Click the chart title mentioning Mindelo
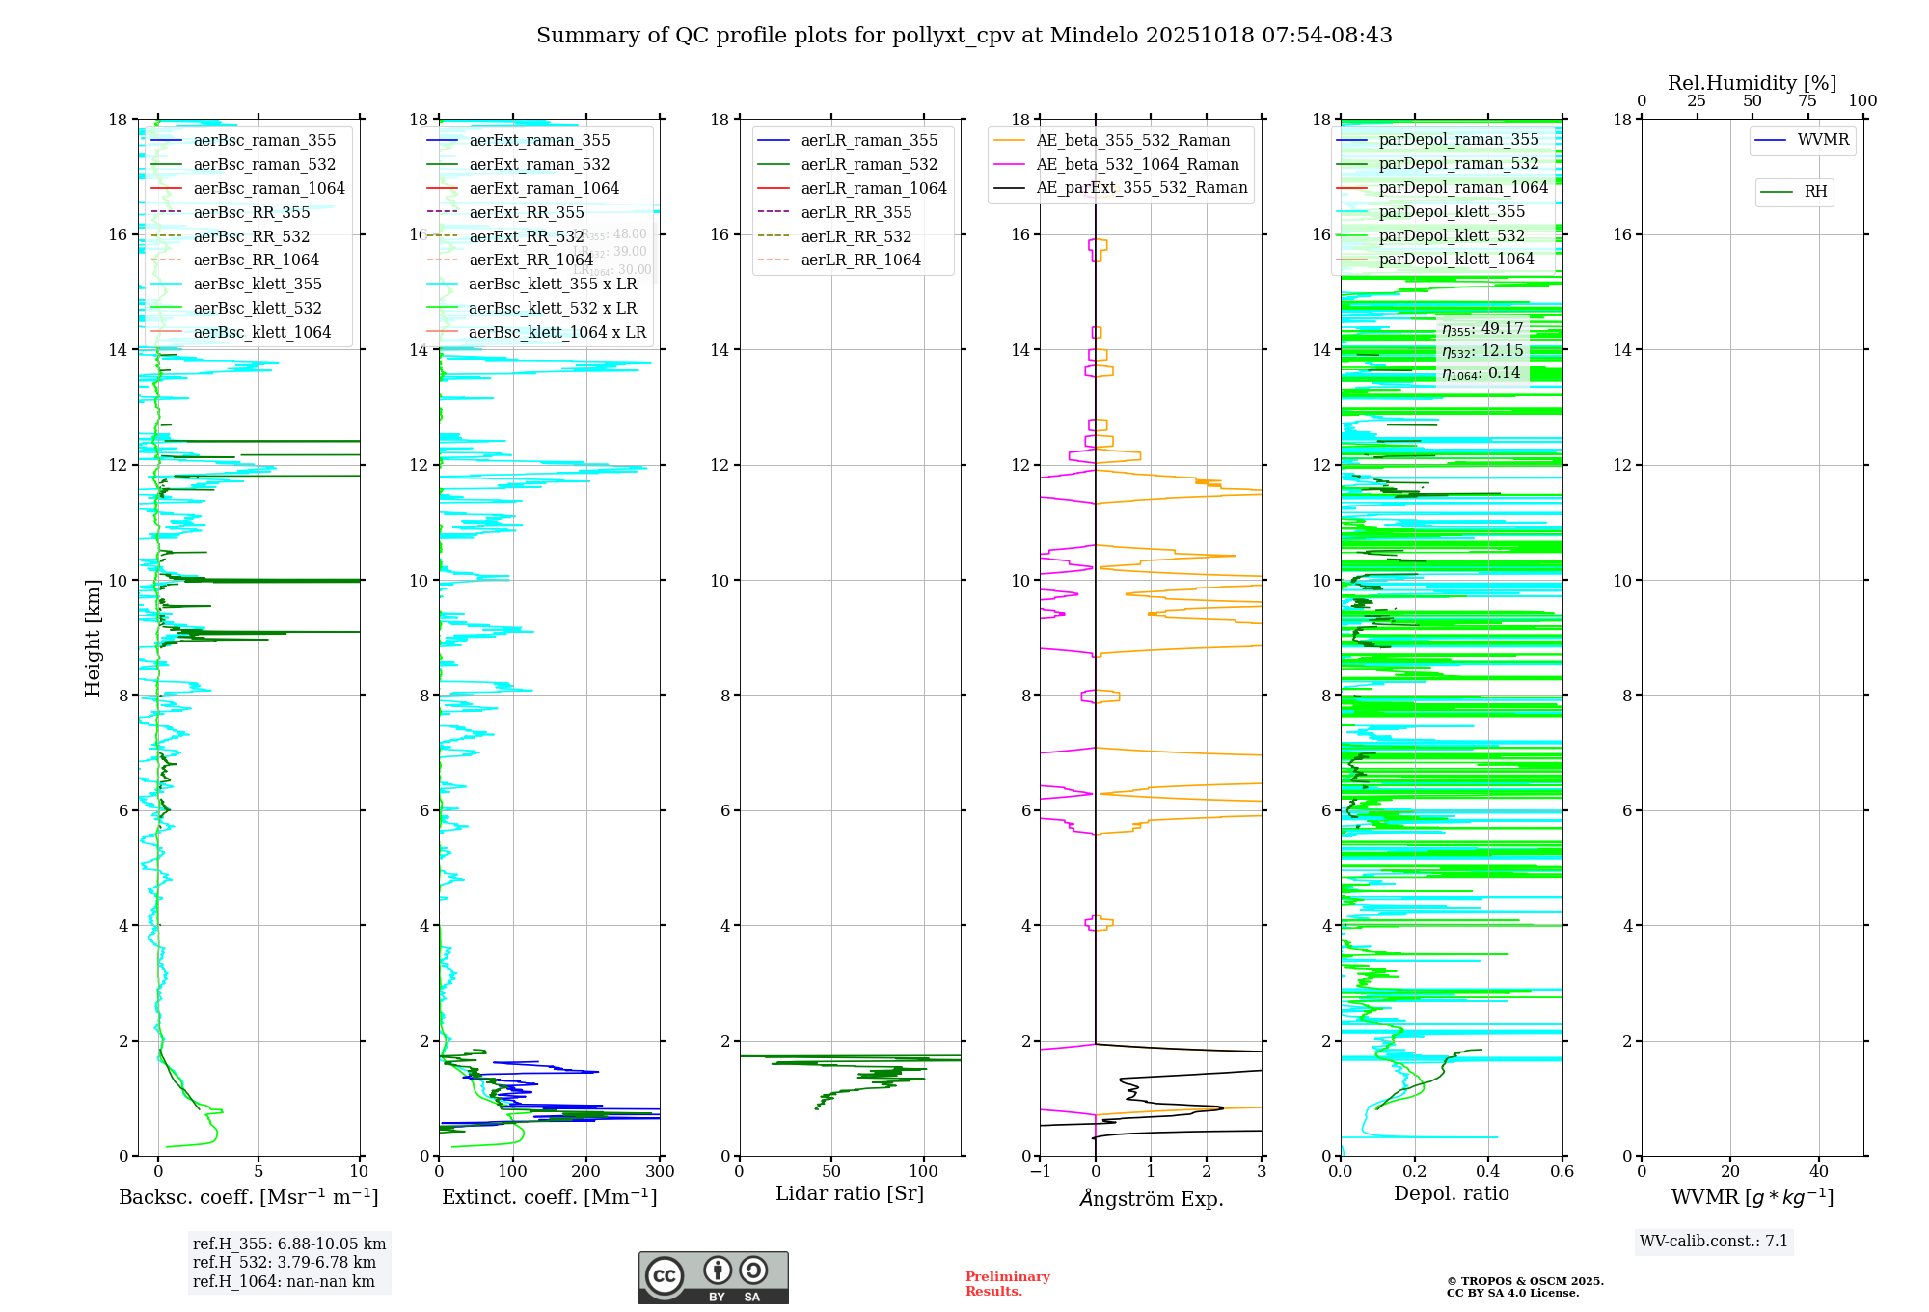click(x=964, y=36)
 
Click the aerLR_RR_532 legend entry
click(x=856, y=236)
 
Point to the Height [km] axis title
click(x=93, y=638)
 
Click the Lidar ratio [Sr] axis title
click(x=850, y=1194)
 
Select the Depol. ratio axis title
click(x=1452, y=1194)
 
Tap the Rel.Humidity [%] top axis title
click(x=1752, y=83)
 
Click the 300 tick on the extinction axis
click(x=661, y=1172)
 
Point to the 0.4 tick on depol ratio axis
click(x=1488, y=1172)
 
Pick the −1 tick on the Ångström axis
click(x=1040, y=1172)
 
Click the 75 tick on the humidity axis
click(x=1807, y=101)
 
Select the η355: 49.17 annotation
click(x=1482, y=329)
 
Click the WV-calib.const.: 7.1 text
click(x=1714, y=1242)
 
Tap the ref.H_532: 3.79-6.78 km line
click(x=285, y=1263)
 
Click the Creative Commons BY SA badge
click(x=713, y=1278)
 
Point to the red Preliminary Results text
click(x=1007, y=1284)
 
